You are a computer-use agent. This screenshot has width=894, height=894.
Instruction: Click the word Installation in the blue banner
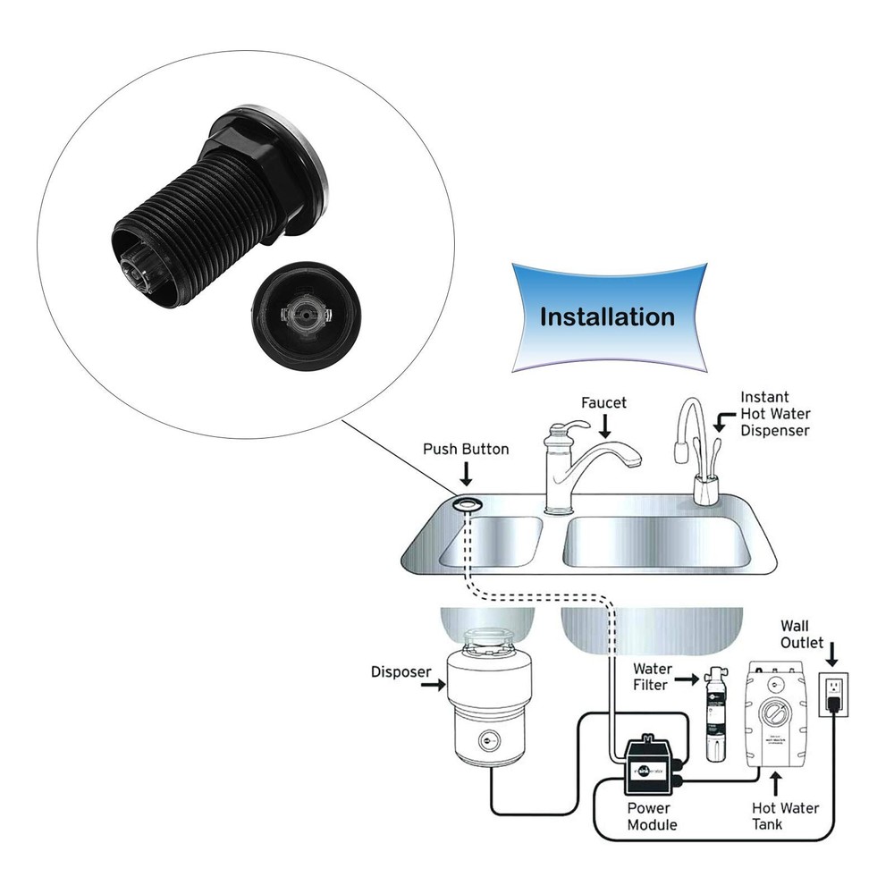[607, 316]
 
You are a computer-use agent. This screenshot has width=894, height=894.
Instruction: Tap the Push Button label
[466, 449]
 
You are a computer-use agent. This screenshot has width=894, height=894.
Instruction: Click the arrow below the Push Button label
[467, 477]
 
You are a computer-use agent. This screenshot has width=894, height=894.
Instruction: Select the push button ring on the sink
[467, 505]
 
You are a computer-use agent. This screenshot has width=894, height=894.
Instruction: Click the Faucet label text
[603, 403]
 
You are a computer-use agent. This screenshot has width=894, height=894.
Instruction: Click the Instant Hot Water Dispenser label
[774, 413]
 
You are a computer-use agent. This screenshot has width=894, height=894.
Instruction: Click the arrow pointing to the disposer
[433, 685]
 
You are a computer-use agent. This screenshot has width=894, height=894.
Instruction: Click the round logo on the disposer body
[486, 739]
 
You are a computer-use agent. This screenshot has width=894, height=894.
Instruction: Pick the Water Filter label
[653, 678]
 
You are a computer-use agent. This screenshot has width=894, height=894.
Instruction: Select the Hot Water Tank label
[785, 816]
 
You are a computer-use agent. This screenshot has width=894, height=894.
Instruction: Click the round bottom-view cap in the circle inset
[304, 316]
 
